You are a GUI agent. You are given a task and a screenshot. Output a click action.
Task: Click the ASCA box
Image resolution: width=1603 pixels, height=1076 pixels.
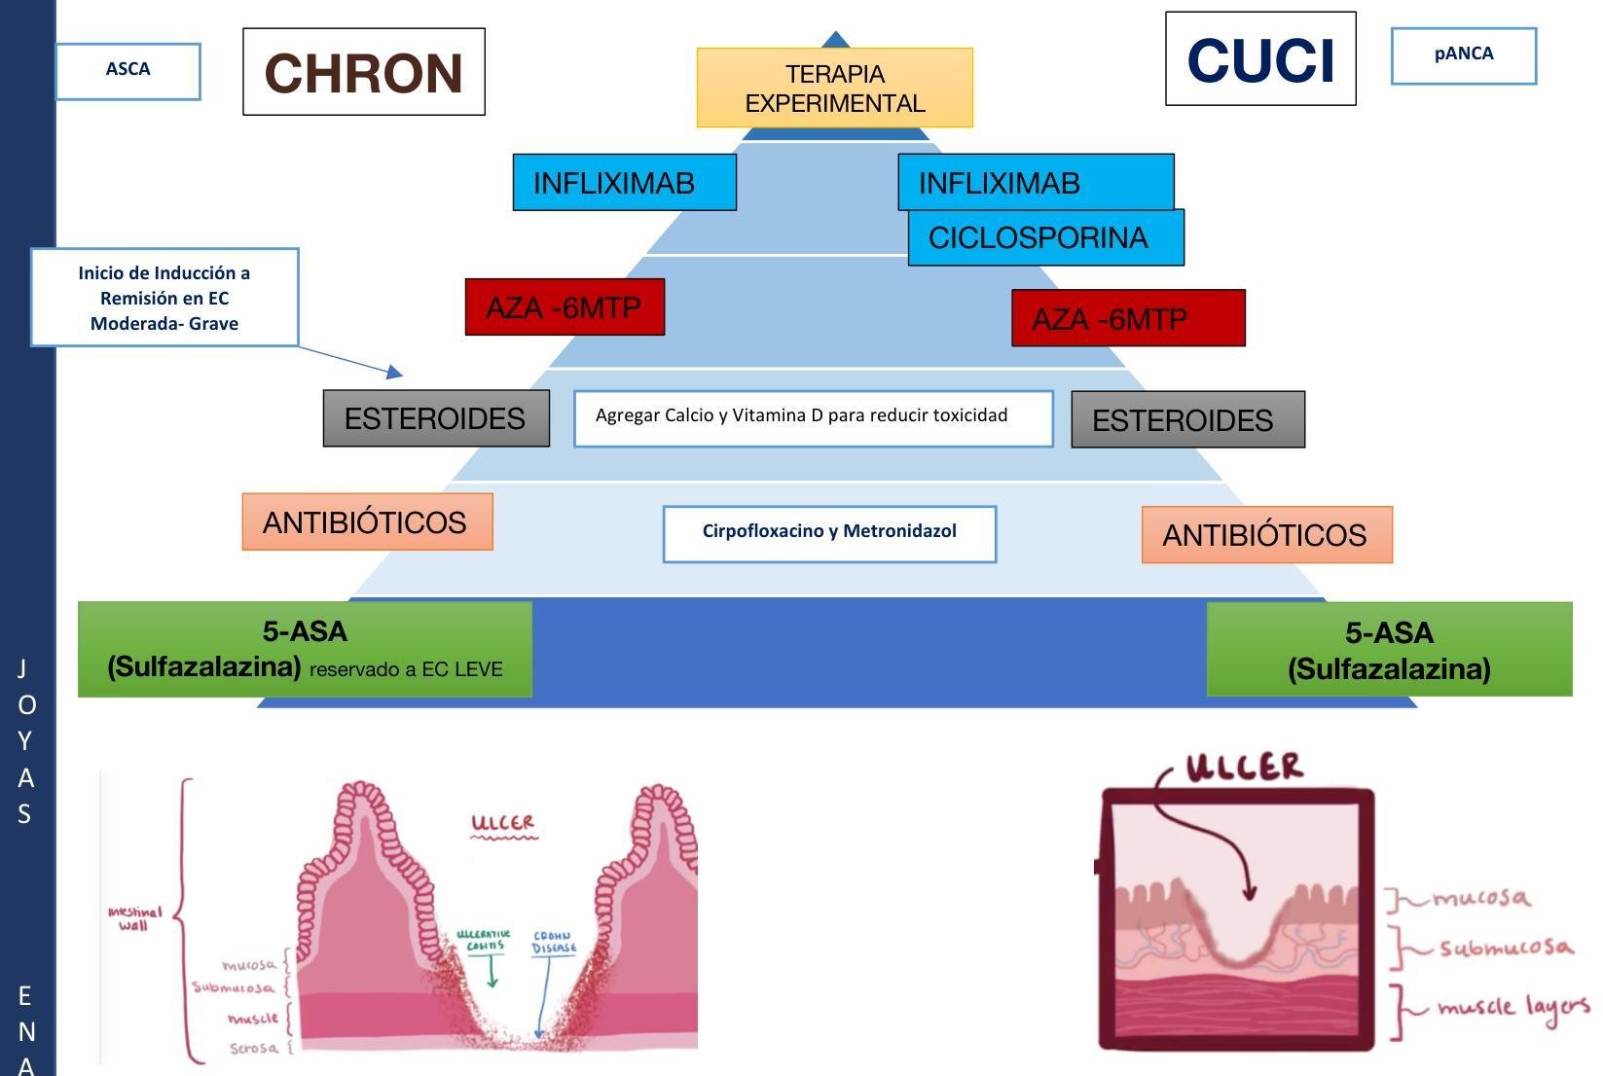pos(128,71)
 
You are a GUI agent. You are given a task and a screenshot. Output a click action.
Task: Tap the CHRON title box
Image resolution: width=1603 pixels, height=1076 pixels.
pos(363,72)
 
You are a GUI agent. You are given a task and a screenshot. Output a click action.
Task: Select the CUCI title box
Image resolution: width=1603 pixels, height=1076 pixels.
pos(1260,59)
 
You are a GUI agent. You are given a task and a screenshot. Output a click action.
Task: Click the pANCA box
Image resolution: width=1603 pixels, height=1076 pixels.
pos(1463,55)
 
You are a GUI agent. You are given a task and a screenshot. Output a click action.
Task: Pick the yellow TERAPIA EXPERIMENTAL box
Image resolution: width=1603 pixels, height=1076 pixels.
pos(834,89)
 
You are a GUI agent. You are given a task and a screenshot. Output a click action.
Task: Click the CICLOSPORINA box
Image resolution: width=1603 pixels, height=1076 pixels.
pos(1045,238)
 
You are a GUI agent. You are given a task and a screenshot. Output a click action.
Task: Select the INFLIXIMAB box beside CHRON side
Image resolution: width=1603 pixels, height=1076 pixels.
pos(624,183)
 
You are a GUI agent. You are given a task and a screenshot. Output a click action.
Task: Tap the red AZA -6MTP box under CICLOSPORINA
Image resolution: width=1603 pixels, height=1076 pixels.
pos(1128,318)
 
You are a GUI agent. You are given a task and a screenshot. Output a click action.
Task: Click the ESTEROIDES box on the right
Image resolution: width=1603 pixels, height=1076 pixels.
pos(1187,419)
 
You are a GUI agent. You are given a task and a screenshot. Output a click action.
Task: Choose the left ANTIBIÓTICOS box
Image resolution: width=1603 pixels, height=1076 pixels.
pos(367,522)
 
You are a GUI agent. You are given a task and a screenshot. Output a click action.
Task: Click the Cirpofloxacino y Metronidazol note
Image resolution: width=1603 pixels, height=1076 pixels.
pos(829,533)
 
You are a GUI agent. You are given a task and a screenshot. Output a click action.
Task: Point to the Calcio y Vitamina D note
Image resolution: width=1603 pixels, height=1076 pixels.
pos(813,418)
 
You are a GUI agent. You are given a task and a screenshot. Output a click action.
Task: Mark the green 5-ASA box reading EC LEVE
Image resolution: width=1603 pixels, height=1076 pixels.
pos(305,650)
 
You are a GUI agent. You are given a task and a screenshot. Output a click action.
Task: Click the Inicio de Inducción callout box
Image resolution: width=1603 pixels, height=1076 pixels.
pos(164,298)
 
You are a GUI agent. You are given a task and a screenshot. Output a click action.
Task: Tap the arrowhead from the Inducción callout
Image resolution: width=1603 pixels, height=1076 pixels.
pos(395,372)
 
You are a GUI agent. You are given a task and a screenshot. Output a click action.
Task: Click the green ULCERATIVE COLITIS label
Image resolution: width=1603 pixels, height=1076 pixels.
pos(484,940)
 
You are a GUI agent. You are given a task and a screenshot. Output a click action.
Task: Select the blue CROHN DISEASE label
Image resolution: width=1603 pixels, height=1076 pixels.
pos(554,942)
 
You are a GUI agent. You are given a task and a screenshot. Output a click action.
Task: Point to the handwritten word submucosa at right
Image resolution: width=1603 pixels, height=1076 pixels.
pos(1505,947)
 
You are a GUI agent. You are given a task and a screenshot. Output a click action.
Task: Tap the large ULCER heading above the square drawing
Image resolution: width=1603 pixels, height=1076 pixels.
pos(1245,767)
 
